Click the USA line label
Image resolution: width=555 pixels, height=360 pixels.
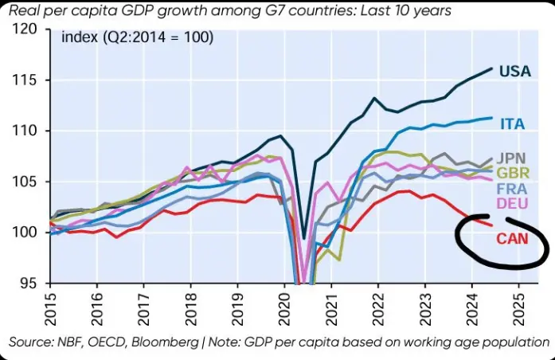tap(515, 72)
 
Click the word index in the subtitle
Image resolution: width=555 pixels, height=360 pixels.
tap(78, 37)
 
